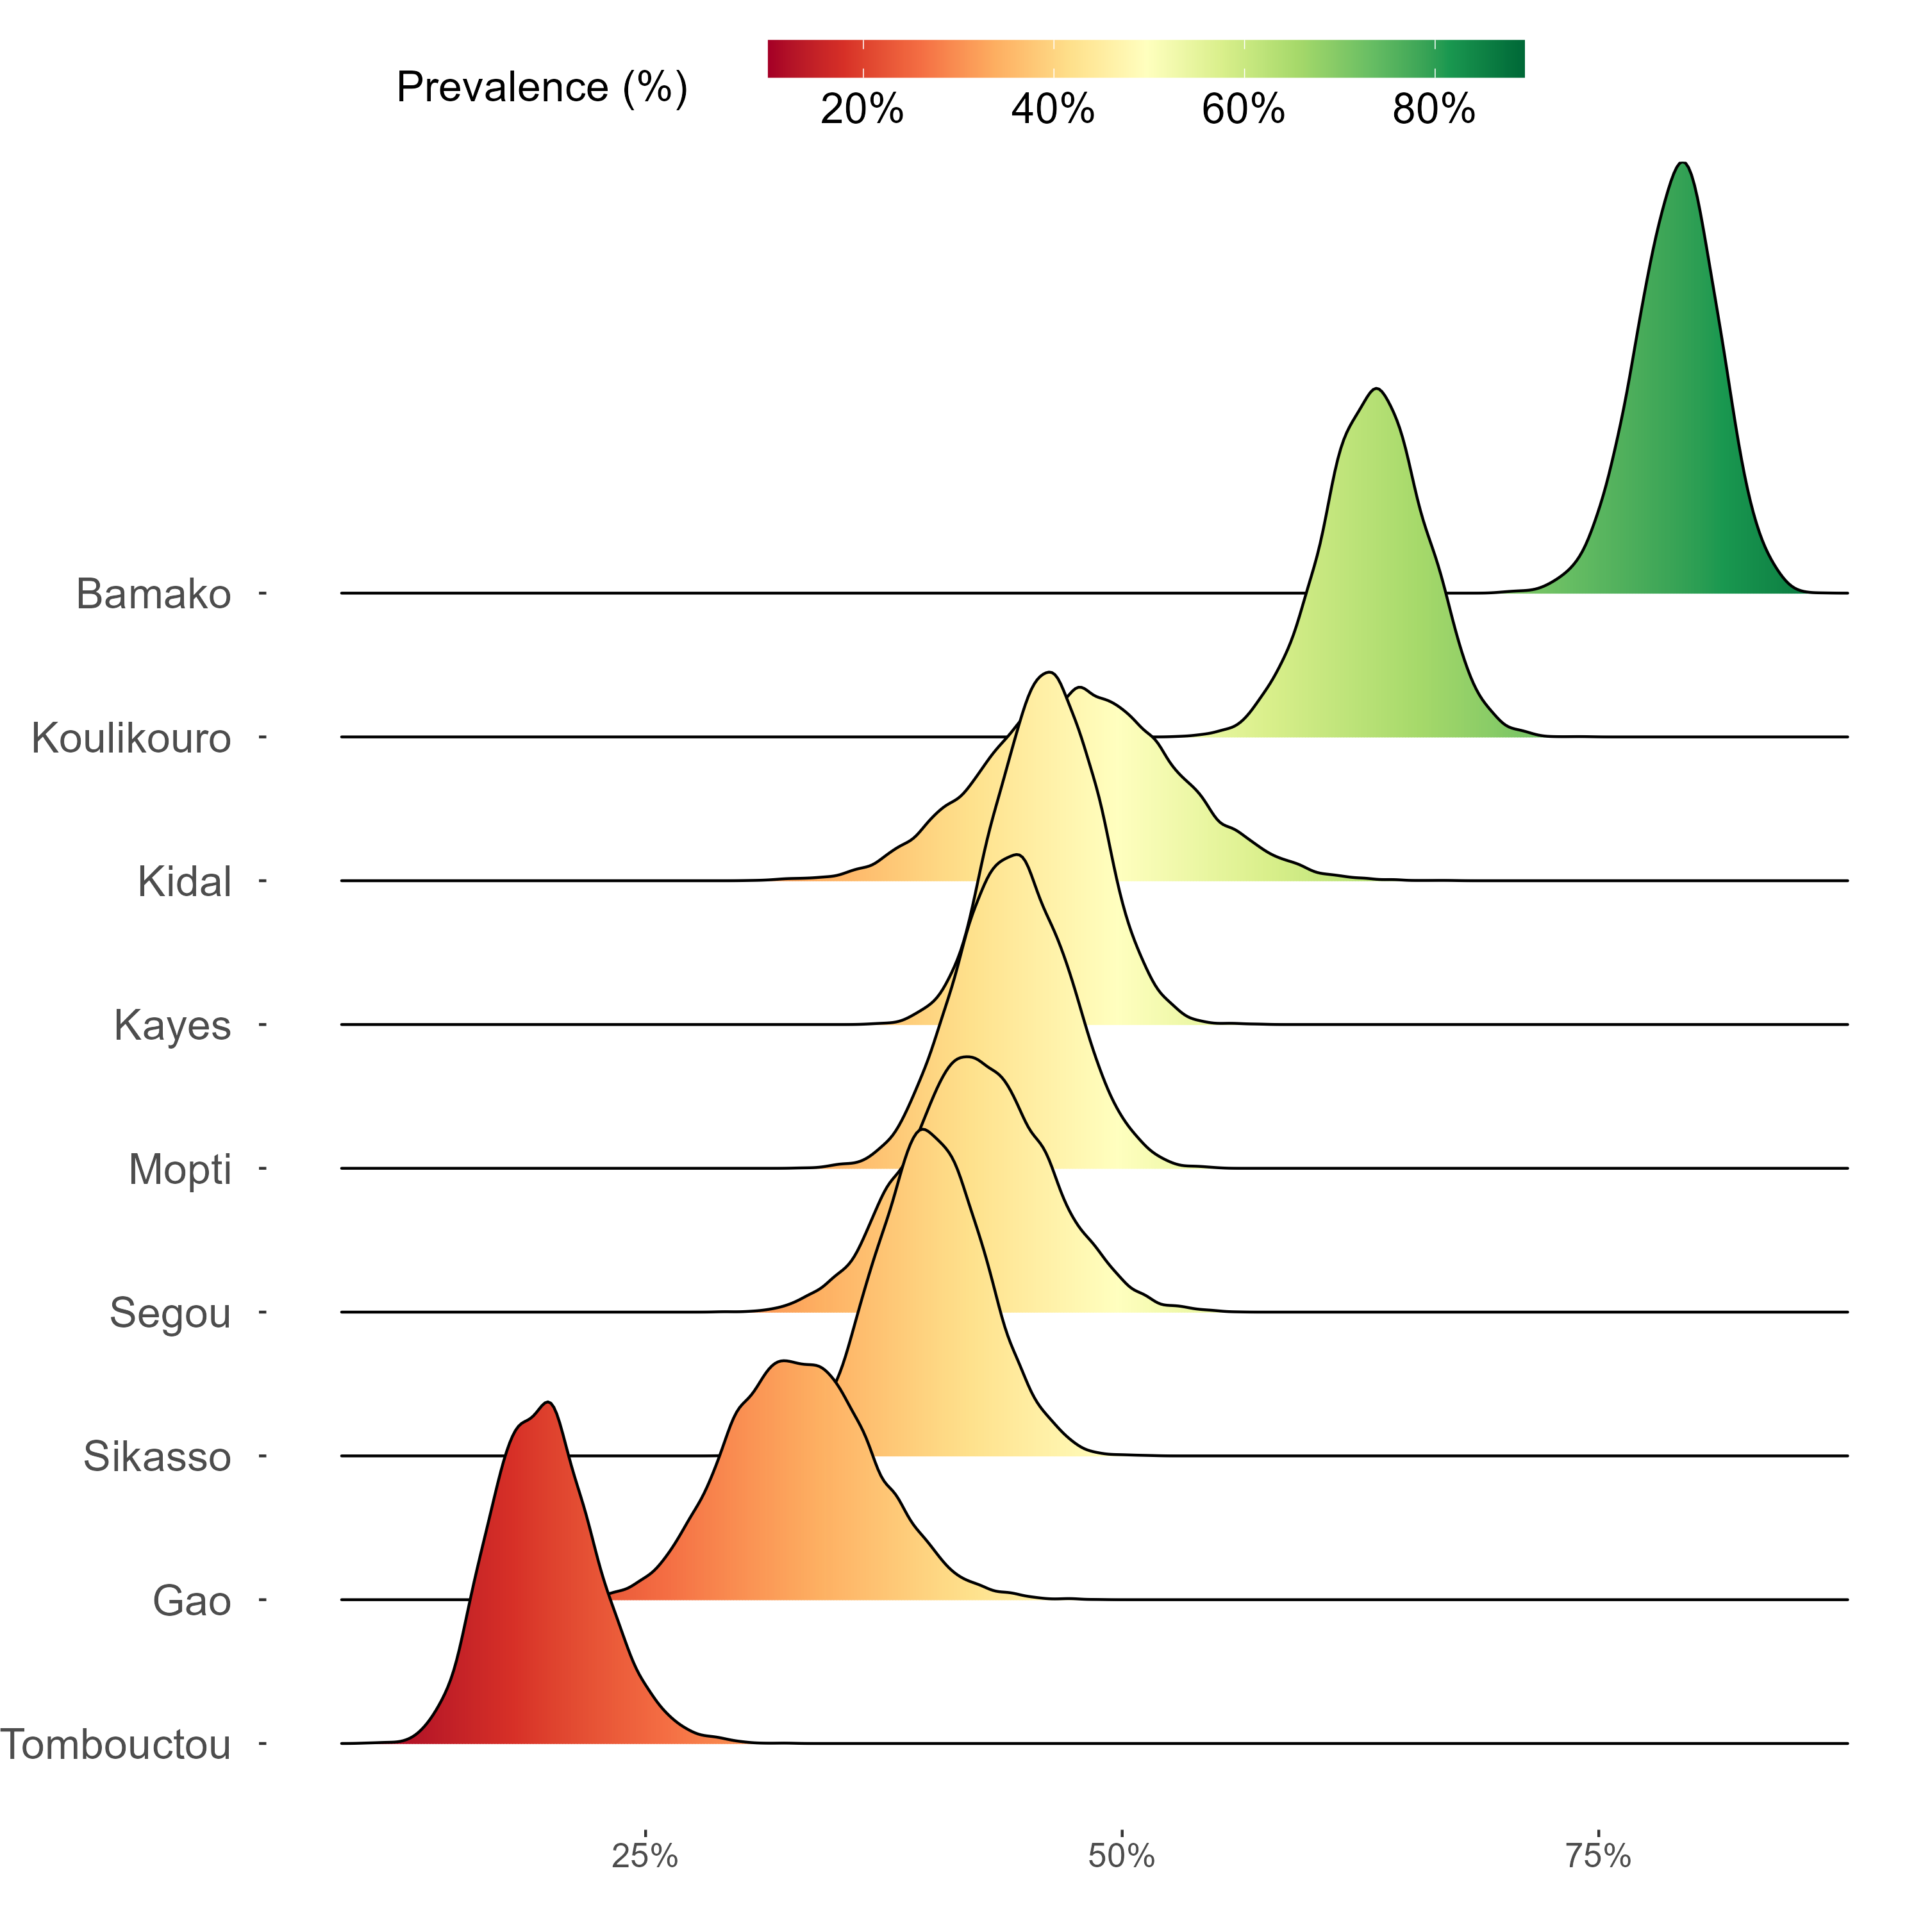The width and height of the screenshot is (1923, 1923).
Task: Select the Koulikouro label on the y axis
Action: point(131,738)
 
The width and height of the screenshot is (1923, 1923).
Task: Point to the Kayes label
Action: point(172,1025)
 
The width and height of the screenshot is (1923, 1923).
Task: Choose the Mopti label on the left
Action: point(179,1170)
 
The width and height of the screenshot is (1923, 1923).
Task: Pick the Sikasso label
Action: point(157,1457)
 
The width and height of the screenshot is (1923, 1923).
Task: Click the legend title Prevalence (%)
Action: point(542,88)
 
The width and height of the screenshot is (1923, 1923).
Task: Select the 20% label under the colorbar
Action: point(862,110)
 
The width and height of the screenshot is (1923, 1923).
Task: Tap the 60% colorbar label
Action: point(1243,110)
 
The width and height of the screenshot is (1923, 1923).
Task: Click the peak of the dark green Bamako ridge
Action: point(1682,163)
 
